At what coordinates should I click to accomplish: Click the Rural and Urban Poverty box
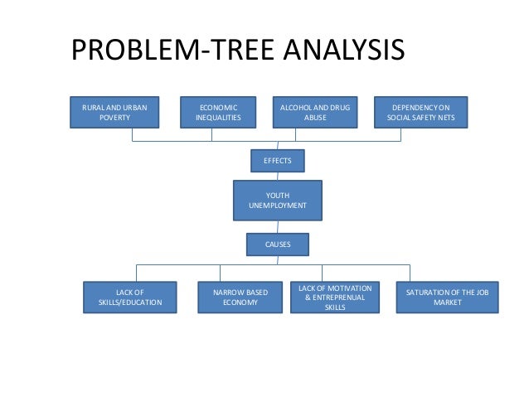click(x=115, y=113)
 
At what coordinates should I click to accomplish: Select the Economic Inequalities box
click(x=218, y=113)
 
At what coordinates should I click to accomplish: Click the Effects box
click(x=278, y=160)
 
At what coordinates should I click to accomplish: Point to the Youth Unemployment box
click(x=278, y=200)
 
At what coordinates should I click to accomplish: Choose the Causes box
click(x=278, y=244)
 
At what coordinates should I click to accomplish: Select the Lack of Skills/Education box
click(x=130, y=298)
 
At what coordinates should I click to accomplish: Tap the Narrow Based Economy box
click(x=240, y=298)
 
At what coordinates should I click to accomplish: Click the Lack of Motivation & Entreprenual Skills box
click(x=335, y=298)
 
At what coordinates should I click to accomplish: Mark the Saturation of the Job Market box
click(x=448, y=298)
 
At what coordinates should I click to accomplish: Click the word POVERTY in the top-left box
click(x=115, y=118)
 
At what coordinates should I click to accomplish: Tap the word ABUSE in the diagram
click(x=314, y=118)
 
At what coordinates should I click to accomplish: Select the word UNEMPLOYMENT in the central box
click(x=278, y=205)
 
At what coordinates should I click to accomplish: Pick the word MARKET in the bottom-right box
click(x=448, y=303)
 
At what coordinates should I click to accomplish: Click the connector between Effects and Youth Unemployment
click(x=278, y=174)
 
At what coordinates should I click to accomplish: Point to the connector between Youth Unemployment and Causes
click(x=278, y=226)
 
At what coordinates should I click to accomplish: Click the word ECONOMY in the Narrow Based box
click(x=240, y=303)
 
